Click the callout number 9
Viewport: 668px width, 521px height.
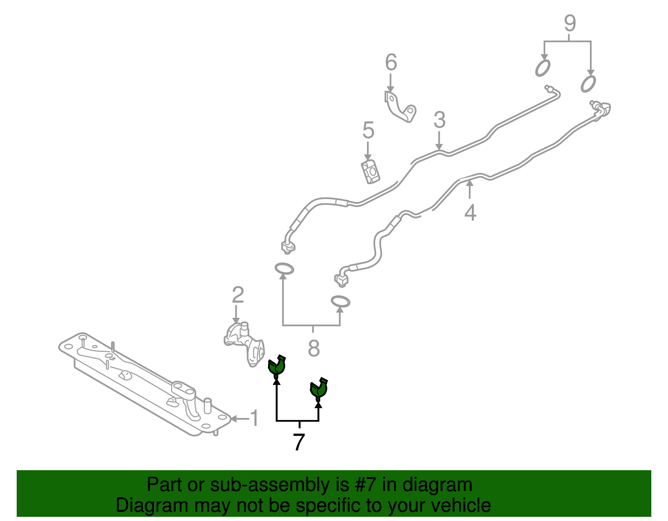[570, 23]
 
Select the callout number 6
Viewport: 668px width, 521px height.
[391, 62]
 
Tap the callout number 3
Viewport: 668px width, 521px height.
[440, 120]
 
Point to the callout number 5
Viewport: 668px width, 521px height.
[368, 130]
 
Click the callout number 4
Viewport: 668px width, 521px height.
[471, 212]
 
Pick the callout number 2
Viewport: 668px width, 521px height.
[238, 295]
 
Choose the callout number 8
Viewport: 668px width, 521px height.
[314, 348]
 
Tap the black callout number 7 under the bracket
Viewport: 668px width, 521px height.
[299, 443]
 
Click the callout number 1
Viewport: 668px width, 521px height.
[255, 418]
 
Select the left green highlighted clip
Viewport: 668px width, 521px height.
[276, 368]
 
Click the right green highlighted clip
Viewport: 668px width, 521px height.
[319, 390]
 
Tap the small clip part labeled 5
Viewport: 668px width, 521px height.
[370, 172]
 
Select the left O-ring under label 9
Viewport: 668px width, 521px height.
[543, 68]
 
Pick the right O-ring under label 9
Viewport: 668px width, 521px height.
[588, 84]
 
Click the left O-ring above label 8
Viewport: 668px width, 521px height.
[284, 269]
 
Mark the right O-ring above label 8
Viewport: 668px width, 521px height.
[340, 301]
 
